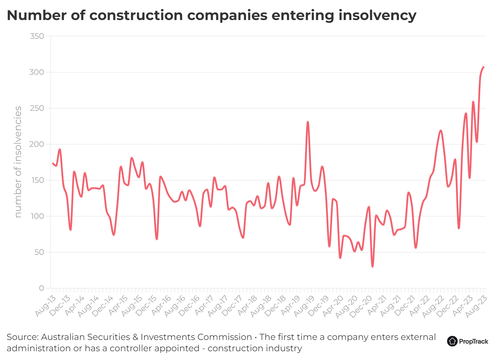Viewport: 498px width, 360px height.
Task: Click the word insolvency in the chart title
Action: [377, 16]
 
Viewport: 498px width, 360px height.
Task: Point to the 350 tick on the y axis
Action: [37, 36]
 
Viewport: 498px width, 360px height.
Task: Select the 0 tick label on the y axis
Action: [41, 288]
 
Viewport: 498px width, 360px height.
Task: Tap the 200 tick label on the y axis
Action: [37, 144]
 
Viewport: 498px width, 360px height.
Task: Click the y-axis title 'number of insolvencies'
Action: [18, 162]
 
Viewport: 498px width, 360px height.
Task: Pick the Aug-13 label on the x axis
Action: [45, 306]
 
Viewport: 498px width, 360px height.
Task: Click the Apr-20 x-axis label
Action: [333, 306]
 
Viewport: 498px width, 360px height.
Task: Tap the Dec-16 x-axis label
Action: [190, 306]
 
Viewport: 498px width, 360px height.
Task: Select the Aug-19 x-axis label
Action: [304, 306]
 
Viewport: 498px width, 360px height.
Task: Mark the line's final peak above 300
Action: [484, 67]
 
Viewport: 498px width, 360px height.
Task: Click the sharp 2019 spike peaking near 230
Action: [308, 122]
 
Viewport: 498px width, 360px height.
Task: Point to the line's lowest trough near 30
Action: [373, 266]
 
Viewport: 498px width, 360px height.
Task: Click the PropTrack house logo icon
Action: [452, 341]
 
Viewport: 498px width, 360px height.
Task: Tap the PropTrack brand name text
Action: [473, 342]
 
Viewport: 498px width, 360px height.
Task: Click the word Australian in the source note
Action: [63, 337]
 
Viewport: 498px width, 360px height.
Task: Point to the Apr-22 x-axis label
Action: [419, 306]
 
